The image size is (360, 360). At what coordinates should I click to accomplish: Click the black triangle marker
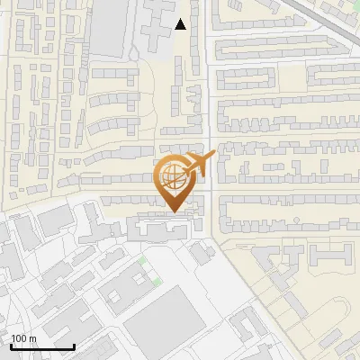tap(181, 24)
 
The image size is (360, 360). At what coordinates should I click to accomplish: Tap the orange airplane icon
tap(200, 165)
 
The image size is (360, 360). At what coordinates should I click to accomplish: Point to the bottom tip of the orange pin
tap(174, 212)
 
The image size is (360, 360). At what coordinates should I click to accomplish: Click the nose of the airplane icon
tap(214, 157)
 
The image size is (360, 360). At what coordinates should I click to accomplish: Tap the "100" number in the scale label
tap(19, 338)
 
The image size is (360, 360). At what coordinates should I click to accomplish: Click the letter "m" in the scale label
tap(32, 338)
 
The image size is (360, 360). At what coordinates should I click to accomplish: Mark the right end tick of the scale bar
tap(74, 346)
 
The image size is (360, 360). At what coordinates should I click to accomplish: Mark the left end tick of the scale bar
tap(11, 346)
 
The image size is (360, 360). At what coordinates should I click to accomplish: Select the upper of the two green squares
tap(142, 261)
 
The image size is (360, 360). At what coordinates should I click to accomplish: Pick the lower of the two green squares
tap(157, 283)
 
